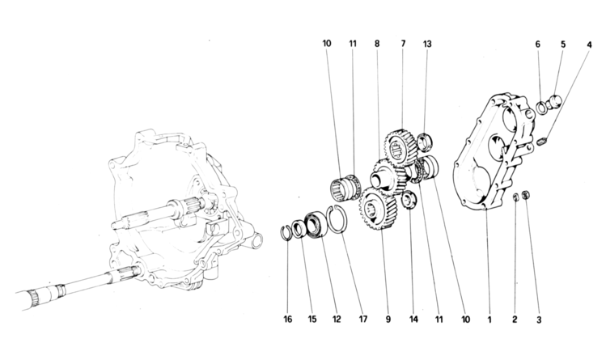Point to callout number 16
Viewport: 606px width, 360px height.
coord(287,320)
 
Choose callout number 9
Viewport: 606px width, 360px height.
coord(388,320)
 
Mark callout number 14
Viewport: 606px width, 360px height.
coord(414,320)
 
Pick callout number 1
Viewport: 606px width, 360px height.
coord(489,320)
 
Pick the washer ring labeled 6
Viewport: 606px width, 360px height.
coord(541,106)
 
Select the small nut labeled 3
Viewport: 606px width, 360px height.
coord(528,196)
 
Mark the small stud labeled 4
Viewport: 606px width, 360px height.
coord(544,143)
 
